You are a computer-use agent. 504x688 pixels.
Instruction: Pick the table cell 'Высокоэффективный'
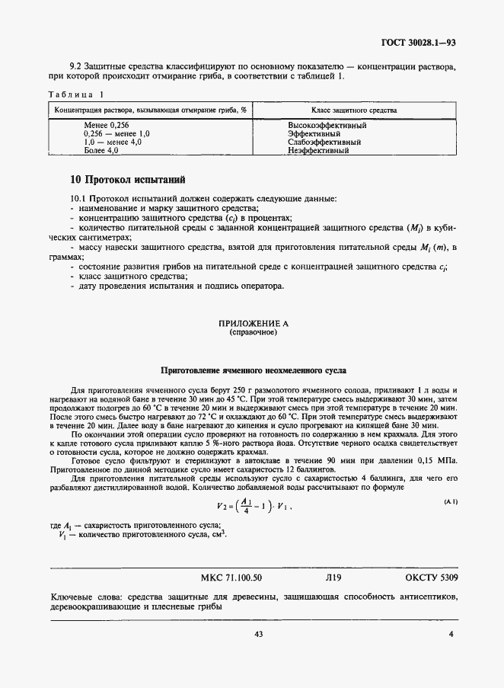328,125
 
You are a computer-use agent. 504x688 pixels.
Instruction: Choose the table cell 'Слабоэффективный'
324,142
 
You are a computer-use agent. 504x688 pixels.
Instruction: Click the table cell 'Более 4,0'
102,151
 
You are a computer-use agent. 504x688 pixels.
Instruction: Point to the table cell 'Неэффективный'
318,151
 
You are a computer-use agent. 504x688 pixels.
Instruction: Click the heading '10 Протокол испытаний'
127,181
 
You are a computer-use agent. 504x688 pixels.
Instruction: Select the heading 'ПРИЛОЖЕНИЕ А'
254,324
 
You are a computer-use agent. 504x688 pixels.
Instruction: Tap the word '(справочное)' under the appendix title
254,333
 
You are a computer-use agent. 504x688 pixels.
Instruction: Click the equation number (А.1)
450,500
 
